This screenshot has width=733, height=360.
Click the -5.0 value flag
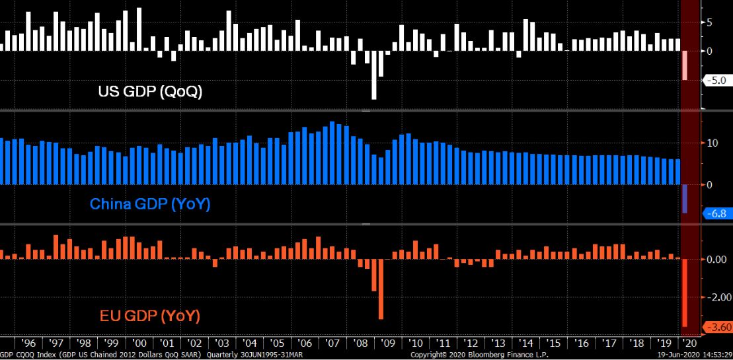pos(716,81)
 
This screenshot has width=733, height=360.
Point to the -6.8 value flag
pos(716,213)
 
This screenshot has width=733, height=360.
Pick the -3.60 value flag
pos(717,327)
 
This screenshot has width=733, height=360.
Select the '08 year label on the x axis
pos(362,343)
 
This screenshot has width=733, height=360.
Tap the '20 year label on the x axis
pos(690,343)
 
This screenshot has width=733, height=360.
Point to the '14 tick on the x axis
pos(527,343)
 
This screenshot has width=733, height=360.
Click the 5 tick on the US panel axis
pos(709,22)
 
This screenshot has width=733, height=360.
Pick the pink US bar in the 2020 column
pos(685,65)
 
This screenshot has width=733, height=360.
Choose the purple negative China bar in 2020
pos(685,198)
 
